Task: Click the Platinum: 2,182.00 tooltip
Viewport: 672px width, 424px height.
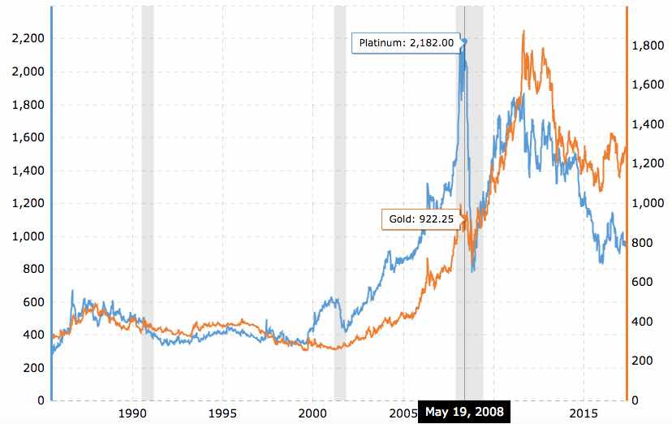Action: pos(405,42)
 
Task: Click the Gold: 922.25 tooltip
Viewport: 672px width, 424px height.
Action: pos(420,219)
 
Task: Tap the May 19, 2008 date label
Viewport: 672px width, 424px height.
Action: pos(461,413)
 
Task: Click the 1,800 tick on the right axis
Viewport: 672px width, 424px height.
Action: pos(648,46)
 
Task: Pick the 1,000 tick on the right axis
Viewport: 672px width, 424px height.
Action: pos(648,204)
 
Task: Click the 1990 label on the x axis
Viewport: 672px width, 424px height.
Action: pos(131,413)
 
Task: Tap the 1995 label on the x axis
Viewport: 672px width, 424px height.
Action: pos(222,413)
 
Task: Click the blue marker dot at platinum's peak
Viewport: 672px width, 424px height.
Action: pos(464,40)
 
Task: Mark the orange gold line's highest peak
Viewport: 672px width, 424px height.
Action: pos(523,32)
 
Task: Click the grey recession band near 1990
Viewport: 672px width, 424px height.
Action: pos(147,203)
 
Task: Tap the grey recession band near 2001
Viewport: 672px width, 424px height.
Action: pos(340,203)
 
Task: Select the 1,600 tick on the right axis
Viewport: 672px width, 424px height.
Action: pos(648,86)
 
